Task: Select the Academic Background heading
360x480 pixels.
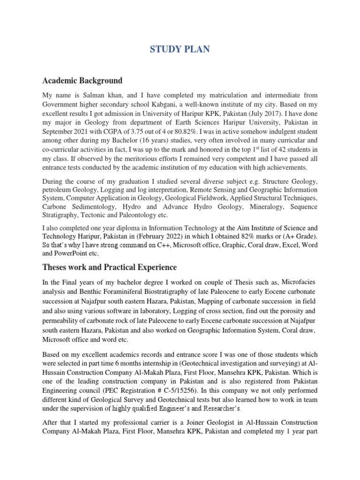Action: [x=82, y=80]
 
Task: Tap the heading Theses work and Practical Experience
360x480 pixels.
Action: [x=109, y=267]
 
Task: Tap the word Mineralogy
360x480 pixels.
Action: [x=265, y=207]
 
